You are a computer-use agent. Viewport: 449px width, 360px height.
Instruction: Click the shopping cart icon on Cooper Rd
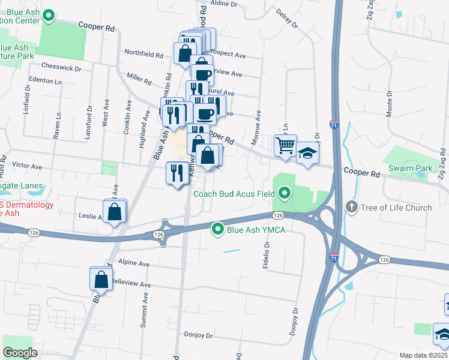(285, 145)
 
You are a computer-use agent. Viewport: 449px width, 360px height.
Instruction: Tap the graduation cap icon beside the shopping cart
(307, 153)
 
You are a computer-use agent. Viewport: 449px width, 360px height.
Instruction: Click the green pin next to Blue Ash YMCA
(218, 229)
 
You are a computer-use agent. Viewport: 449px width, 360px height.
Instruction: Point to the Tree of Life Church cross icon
(352, 208)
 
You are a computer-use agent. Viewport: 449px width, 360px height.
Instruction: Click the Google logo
(20, 353)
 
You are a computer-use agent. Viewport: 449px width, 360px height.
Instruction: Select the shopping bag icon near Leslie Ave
(114, 212)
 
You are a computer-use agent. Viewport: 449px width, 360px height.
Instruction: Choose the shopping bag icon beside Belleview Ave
(101, 279)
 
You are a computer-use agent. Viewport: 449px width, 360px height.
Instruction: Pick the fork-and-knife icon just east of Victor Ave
(176, 173)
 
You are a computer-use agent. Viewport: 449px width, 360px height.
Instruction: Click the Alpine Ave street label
(133, 263)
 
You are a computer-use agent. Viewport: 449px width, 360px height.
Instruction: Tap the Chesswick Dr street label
(61, 68)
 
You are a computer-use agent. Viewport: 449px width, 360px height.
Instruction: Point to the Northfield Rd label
(143, 53)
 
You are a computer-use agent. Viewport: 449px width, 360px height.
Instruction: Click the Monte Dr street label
(389, 104)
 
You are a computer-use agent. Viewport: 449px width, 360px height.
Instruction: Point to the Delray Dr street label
(287, 18)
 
